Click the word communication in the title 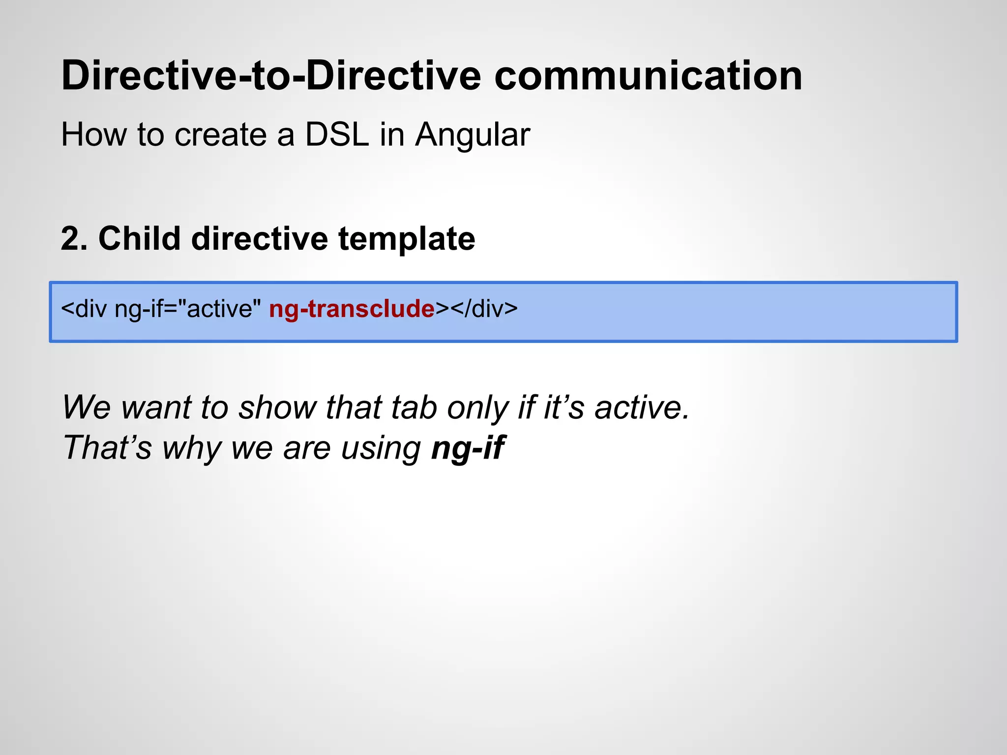pyautogui.click(x=648, y=76)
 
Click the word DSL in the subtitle pyautogui.click(x=337, y=135)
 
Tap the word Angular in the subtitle pyautogui.click(x=472, y=135)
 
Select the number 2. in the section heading pyautogui.click(x=74, y=239)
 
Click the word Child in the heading pyautogui.click(x=139, y=239)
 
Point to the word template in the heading pyautogui.click(x=407, y=239)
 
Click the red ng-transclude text pyautogui.click(x=352, y=309)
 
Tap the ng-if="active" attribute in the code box pyautogui.click(x=187, y=309)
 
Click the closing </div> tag pyautogui.click(x=484, y=309)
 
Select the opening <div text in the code pyautogui.click(x=84, y=309)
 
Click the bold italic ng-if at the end pyautogui.click(x=468, y=448)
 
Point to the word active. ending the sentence pyautogui.click(x=642, y=407)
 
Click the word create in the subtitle pyautogui.click(x=220, y=135)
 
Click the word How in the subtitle pyautogui.click(x=93, y=135)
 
